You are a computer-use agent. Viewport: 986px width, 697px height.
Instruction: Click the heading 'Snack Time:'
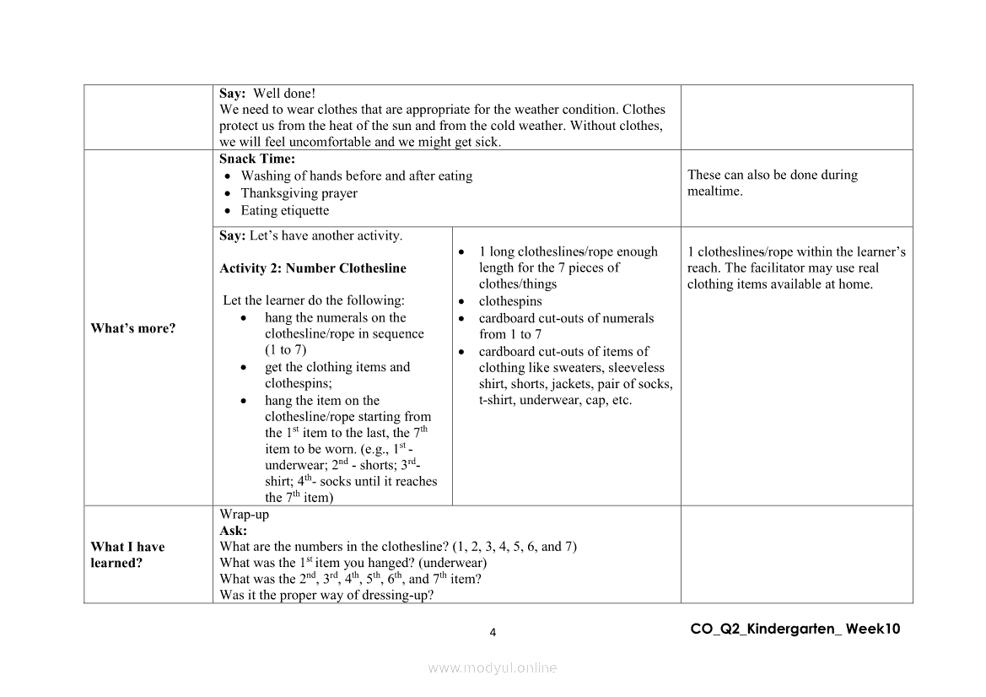point(257,159)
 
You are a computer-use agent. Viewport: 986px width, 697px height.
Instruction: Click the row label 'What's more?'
point(133,328)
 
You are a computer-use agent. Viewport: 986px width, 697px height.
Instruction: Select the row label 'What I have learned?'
point(127,554)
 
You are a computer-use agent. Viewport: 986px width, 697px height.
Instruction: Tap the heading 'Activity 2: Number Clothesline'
point(313,268)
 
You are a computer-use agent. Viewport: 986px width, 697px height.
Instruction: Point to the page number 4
point(493,633)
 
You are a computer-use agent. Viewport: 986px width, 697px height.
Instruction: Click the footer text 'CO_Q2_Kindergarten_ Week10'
point(795,629)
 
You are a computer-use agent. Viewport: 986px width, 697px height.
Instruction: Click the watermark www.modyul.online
point(493,667)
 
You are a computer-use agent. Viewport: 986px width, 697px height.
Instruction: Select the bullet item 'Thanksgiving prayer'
point(299,193)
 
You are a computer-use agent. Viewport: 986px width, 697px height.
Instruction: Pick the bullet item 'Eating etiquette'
point(285,210)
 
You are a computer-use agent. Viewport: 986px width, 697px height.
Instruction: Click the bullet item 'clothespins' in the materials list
point(510,301)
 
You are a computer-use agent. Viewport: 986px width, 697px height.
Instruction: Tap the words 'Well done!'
point(284,94)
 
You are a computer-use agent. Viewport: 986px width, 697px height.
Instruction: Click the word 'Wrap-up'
point(245,514)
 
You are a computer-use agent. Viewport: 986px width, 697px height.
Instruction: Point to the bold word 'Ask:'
point(234,530)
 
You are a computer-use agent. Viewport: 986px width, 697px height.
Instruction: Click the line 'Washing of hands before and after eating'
point(356,176)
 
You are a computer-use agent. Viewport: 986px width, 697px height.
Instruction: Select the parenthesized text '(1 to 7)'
point(285,349)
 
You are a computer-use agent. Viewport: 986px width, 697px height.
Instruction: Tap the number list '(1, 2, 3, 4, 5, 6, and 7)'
point(515,546)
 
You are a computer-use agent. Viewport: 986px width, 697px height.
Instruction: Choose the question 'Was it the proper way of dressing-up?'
point(326,595)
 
